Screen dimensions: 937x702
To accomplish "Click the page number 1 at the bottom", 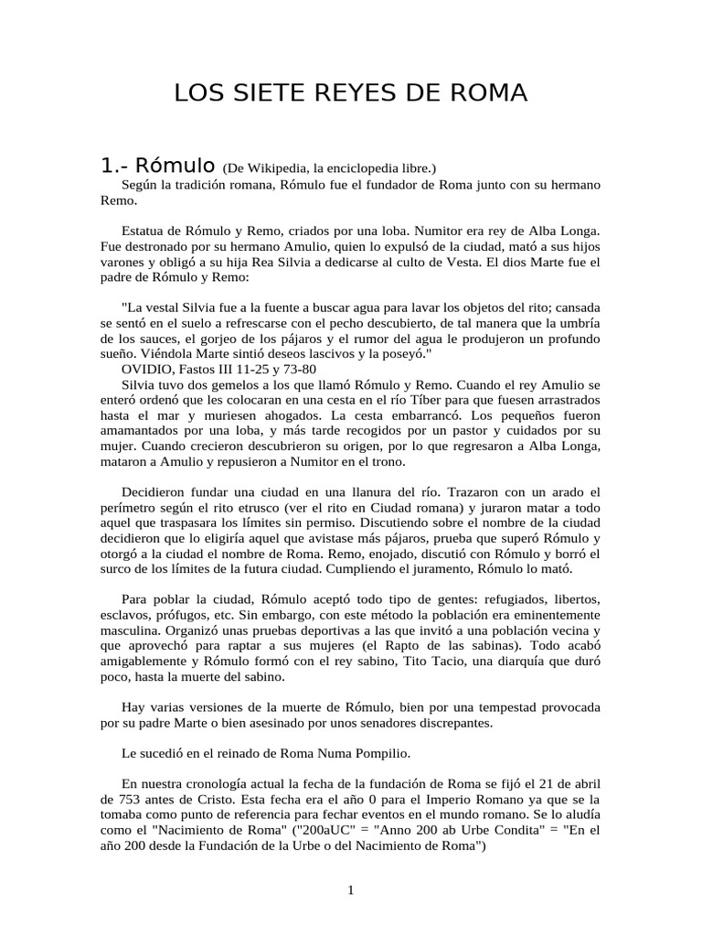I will coord(350,891).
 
